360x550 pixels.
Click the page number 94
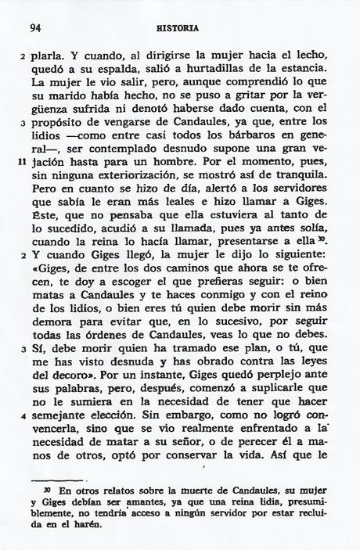(34, 28)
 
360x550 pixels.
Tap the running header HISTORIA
(179, 29)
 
